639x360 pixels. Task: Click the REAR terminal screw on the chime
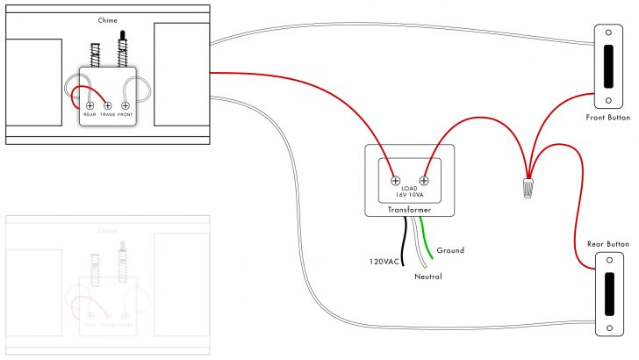click(90, 105)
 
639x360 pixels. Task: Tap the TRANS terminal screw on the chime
click(108, 105)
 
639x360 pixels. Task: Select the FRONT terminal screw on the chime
click(126, 105)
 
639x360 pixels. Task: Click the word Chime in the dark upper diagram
click(108, 18)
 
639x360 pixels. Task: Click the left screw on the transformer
click(396, 180)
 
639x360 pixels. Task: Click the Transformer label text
click(409, 211)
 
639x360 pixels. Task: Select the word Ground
click(450, 250)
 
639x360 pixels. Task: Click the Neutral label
click(428, 277)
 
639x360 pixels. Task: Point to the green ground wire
click(425, 237)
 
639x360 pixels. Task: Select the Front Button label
click(607, 118)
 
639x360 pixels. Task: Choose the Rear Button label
click(607, 243)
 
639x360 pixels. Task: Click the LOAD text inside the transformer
click(409, 188)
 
